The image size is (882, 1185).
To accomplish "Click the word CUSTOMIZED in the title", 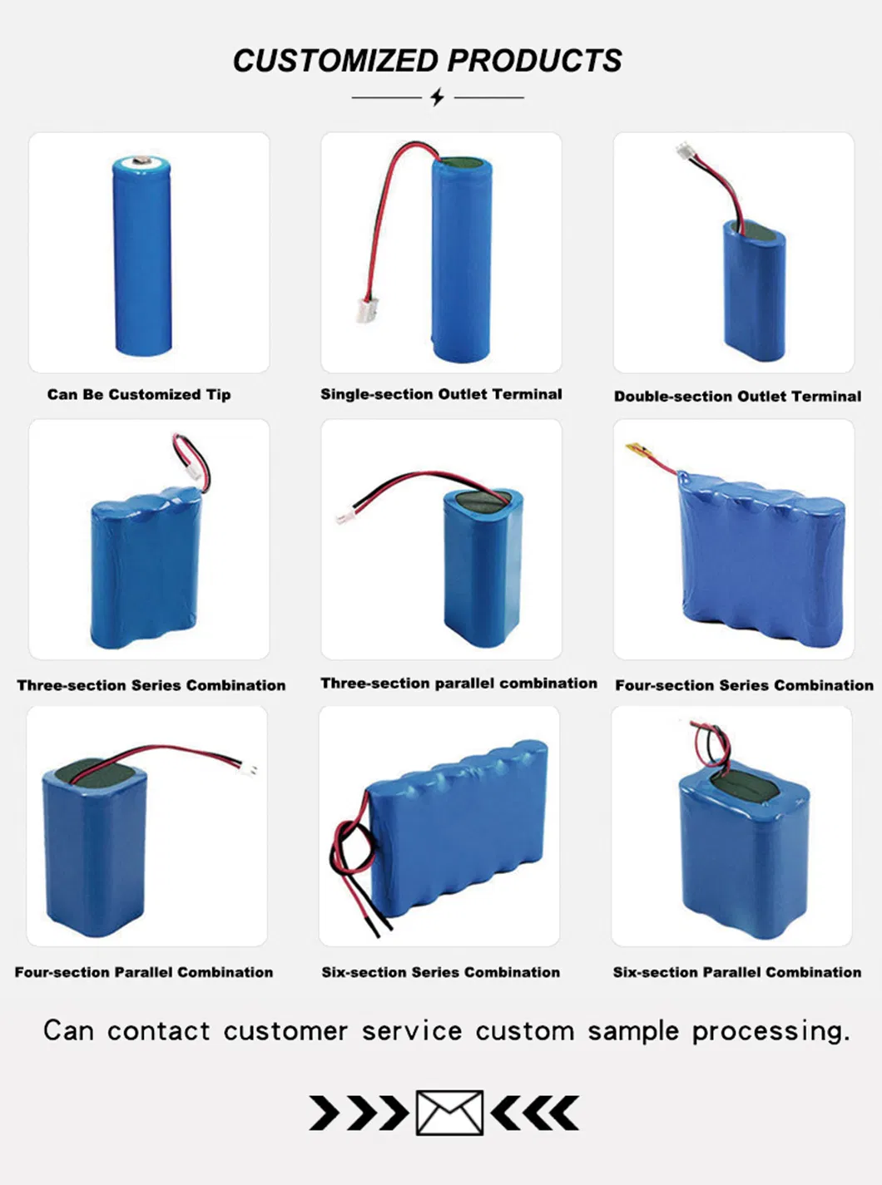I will [x=335, y=61].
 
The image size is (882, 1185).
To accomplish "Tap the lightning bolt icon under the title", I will [x=438, y=97].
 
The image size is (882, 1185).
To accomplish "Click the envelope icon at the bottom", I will [x=449, y=1113].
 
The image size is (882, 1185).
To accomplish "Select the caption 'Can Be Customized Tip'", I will [x=139, y=394].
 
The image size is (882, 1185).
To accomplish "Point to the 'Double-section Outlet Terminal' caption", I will [x=737, y=397].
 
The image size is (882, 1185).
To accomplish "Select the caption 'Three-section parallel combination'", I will [x=458, y=684].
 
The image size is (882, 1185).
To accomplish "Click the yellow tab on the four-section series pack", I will [x=638, y=450].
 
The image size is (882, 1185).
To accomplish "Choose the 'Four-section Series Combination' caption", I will [x=744, y=685].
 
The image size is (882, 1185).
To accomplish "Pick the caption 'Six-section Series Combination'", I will [x=440, y=972].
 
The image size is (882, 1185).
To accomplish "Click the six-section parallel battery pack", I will [x=743, y=857].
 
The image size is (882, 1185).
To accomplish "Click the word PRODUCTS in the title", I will [x=535, y=61].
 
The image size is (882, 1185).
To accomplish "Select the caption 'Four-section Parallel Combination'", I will [x=144, y=972].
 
